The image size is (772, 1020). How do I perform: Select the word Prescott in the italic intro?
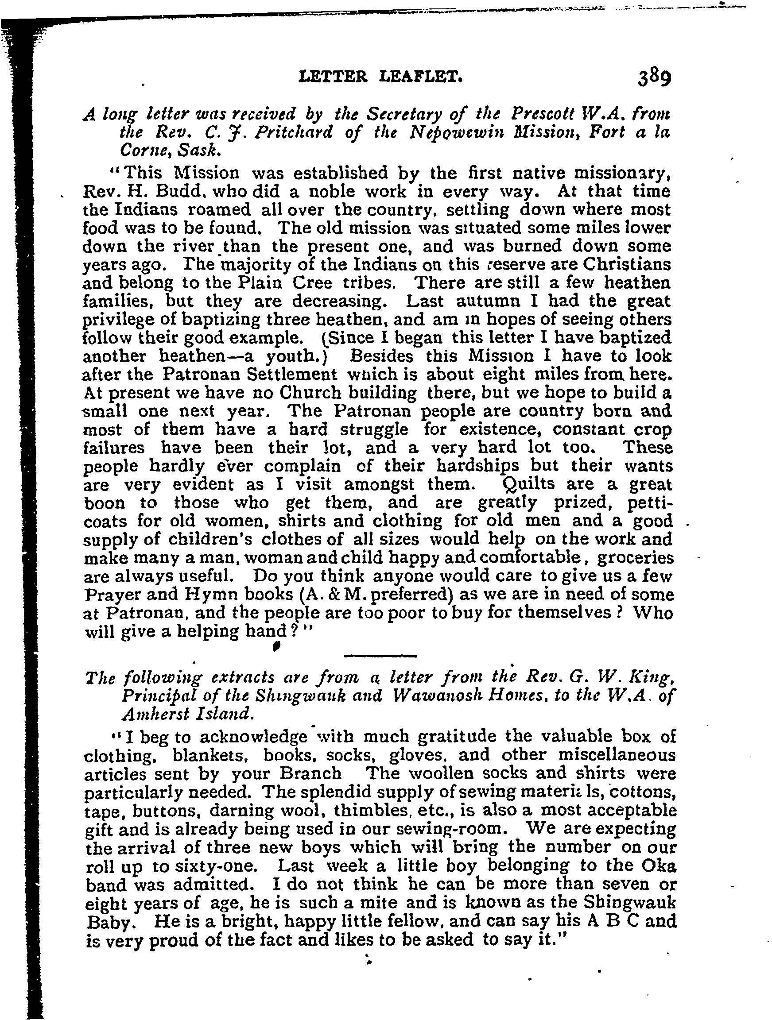click(x=543, y=114)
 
